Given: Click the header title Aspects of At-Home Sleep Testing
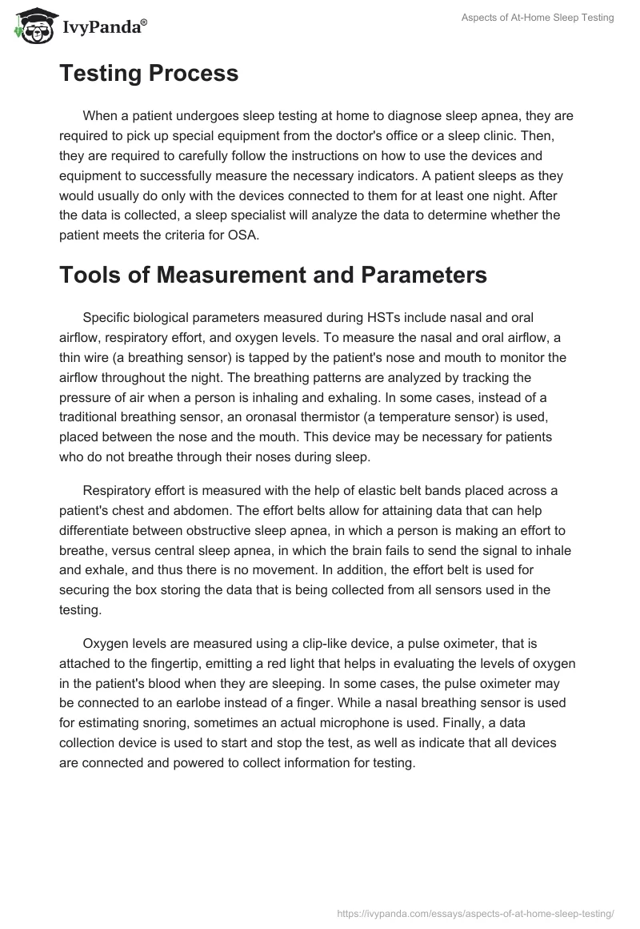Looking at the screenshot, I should (x=538, y=18).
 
